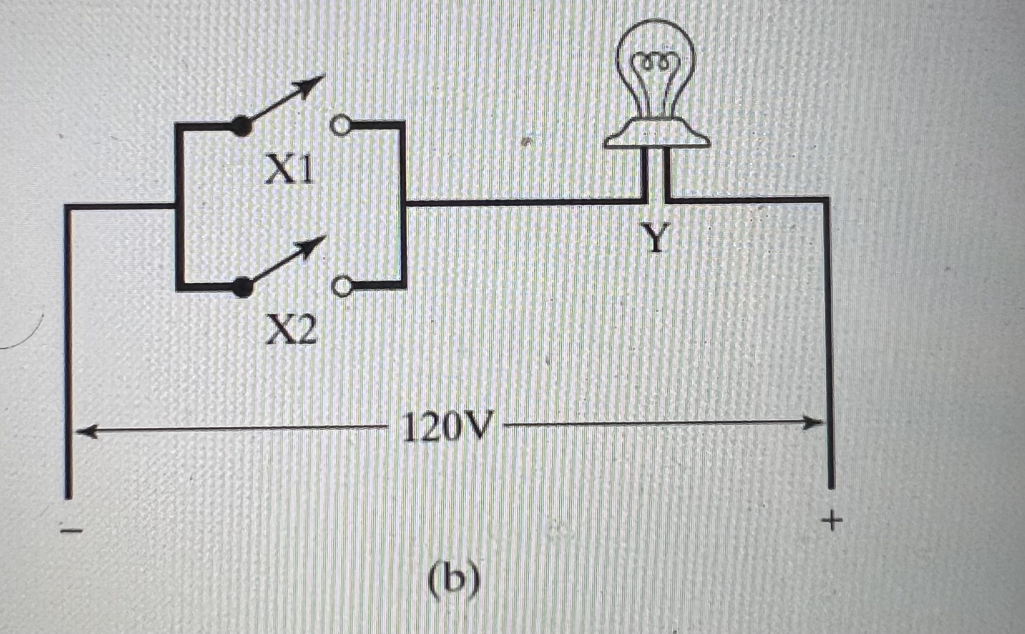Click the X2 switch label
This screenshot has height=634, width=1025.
291,330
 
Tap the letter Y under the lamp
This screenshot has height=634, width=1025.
655,237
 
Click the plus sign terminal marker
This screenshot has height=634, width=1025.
832,521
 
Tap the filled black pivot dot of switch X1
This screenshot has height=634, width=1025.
241,127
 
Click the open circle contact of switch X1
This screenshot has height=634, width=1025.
340,125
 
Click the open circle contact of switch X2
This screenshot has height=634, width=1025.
342,286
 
